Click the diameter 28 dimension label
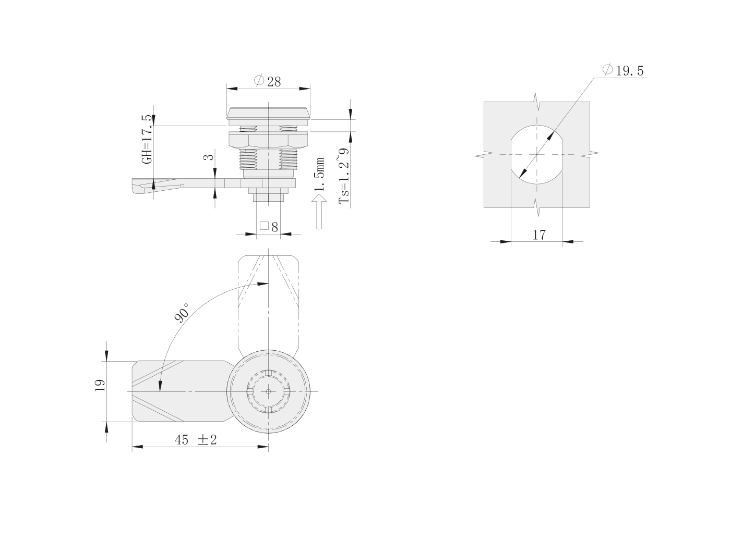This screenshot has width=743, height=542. (267, 81)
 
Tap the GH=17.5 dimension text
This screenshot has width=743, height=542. (147, 139)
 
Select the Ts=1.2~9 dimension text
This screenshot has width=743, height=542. (344, 176)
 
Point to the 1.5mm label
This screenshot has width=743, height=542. (319, 175)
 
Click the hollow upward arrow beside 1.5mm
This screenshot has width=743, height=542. (319, 212)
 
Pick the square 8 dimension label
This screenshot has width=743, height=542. (269, 227)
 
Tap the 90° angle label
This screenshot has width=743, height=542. (182, 313)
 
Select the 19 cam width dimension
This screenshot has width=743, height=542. (100, 386)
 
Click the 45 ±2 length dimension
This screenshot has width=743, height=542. (196, 440)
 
